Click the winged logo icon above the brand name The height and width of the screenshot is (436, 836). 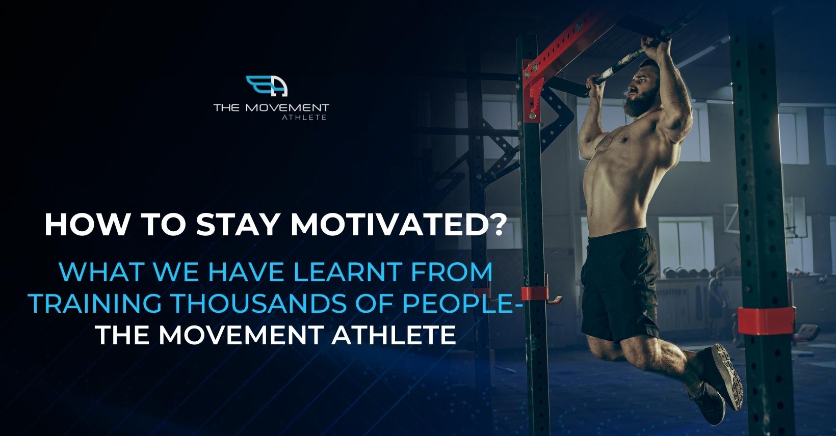coord(267,86)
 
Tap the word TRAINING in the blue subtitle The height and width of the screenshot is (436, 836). coord(95,304)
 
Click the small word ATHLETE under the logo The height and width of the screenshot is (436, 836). coord(304,117)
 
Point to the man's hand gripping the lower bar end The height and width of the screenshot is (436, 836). coord(594,85)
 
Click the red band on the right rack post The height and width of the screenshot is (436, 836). coord(766,320)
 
